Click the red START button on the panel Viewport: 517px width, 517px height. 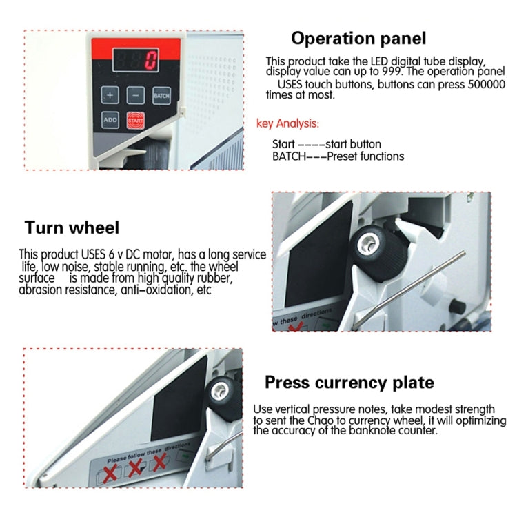coord(134,120)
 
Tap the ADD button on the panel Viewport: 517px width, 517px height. coord(110,120)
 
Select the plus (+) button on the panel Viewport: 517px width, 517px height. coord(111,94)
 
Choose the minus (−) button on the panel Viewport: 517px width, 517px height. coord(136,94)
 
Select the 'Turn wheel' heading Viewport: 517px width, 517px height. coord(72,227)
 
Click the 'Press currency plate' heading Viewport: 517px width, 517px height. coord(349,382)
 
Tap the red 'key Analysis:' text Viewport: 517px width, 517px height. coord(287,124)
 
